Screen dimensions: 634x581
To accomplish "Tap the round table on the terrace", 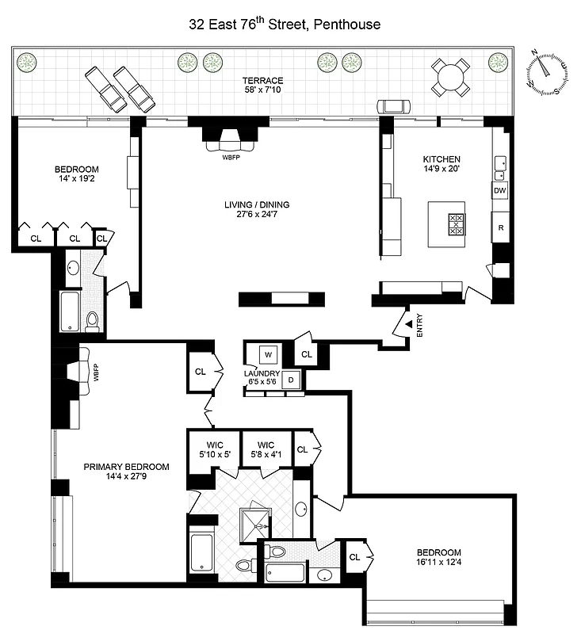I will (x=450, y=77).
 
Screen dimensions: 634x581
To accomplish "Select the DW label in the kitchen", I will (x=499, y=191).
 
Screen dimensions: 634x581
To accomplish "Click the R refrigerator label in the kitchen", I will (x=500, y=227).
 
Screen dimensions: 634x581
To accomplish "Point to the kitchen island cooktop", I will (x=458, y=225).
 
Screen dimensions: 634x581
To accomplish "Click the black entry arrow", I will (x=408, y=323).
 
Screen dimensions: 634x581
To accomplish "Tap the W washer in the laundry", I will (x=267, y=354).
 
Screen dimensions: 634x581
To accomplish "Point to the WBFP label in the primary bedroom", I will (x=96, y=372).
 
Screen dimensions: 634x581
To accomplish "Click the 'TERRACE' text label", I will (x=263, y=81).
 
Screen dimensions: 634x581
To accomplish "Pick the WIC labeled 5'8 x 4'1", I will (x=265, y=449).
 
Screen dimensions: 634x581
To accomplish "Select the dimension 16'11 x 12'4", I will (x=438, y=563).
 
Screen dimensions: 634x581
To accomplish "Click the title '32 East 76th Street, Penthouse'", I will (x=285, y=25).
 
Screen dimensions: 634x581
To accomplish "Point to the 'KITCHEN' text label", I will (x=441, y=159).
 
